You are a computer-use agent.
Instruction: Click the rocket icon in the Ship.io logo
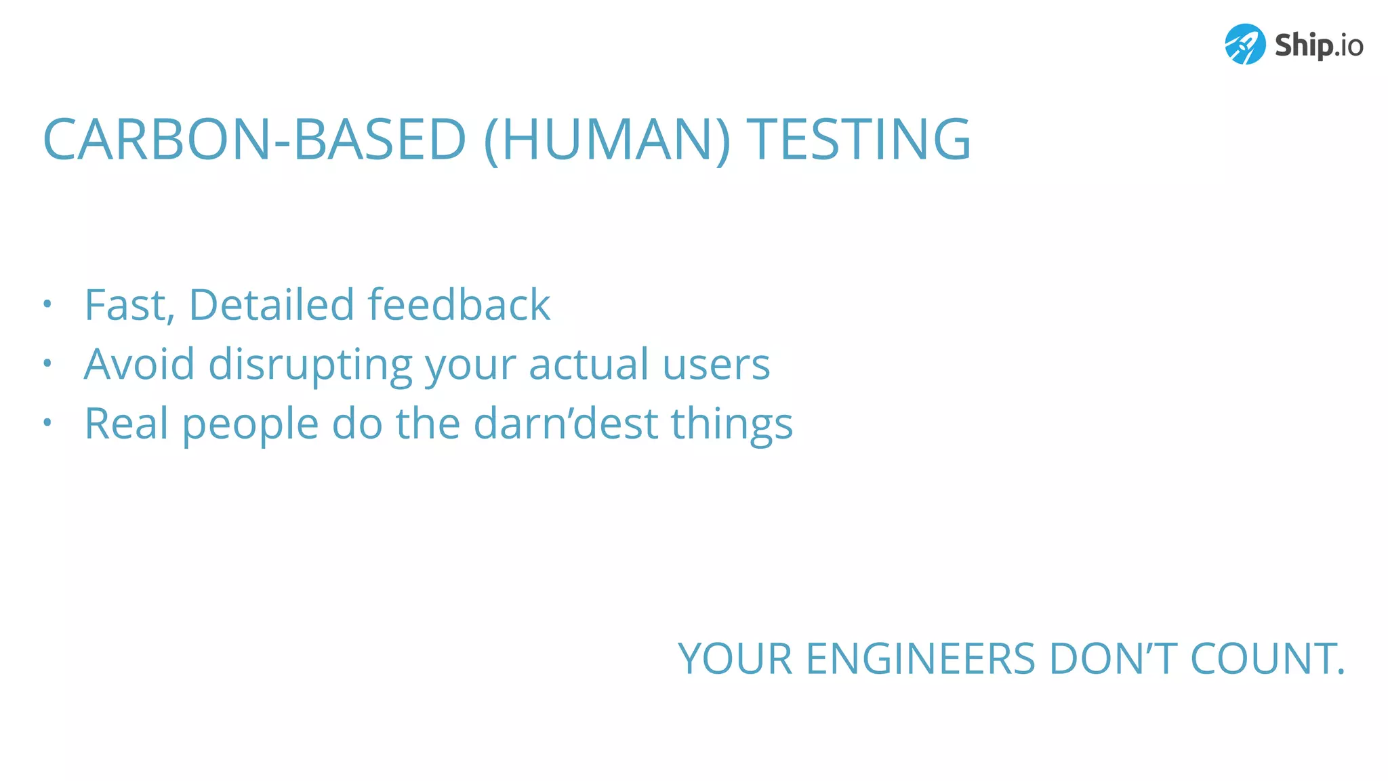point(1245,45)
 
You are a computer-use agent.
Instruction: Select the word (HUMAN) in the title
point(607,140)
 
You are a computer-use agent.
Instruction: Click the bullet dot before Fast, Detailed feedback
point(47,304)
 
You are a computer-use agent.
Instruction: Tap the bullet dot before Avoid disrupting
point(47,363)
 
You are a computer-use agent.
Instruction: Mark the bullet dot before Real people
point(47,423)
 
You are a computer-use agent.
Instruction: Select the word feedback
point(459,304)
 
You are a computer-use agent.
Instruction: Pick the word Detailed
point(271,304)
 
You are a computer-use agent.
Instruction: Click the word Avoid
point(140,364)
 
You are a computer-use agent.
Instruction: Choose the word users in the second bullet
point(716,365)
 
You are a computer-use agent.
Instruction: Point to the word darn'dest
point(565,424)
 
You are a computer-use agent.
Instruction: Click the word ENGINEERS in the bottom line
point(920,659)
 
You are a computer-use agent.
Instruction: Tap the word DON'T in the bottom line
point(1112,659)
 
